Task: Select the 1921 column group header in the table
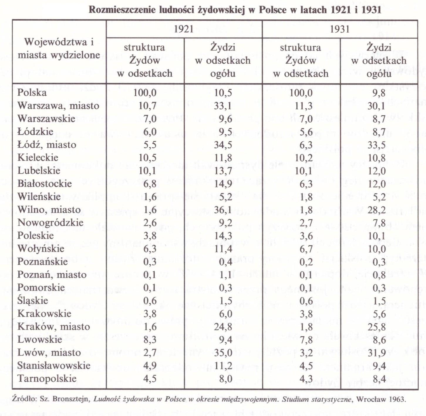point(184,29)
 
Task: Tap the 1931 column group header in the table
point(340,29)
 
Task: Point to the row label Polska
point(32,92)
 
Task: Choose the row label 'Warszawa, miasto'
point(58,106)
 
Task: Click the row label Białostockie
point(44,184)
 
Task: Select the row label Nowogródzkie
point(50,223)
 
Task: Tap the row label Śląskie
point(33,300)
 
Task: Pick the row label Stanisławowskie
point(54,366)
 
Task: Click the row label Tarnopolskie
point(47,379)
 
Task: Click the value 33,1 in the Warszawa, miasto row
point(223,106)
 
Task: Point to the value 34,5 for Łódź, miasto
point(223,145)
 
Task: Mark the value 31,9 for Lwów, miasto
point(377,353)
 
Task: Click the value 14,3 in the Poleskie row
point(223,236)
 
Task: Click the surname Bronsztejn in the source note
point(70,399)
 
